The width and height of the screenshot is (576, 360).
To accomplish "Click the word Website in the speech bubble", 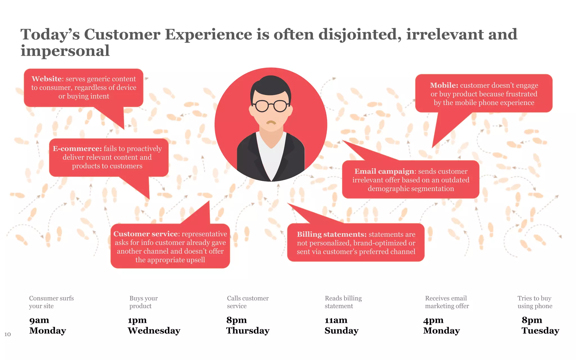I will tap(46, 79).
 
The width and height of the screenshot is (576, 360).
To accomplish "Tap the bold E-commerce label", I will tap(77, 148).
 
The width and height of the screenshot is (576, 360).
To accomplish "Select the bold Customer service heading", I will tap(145, 234).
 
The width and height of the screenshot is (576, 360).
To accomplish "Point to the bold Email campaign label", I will tap(384, 171).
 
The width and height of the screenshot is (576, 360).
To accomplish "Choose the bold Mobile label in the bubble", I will tap(444, 85).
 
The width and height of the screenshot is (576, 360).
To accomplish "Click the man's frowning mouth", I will tap(271, 123).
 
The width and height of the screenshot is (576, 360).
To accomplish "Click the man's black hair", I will tap(271, 84).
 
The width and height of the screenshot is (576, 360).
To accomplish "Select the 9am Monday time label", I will tap(47, 325).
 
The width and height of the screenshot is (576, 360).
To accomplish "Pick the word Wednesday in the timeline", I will tap(154, 330).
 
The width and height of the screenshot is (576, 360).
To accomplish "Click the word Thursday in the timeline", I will tap(248, 330).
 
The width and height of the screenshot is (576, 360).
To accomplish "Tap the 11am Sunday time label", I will tap(341, 325).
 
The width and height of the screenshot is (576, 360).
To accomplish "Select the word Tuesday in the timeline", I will tap(540, 330).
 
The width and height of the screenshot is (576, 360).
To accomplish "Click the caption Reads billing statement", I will tap(343, 302).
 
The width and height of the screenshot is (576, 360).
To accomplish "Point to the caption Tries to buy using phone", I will tap(535, 302).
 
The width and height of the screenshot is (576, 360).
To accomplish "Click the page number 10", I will tap(8, 334).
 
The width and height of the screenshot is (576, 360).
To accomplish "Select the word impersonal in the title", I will tap(65, 51).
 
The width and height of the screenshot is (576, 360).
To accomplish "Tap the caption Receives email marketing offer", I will tap(447, 302).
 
